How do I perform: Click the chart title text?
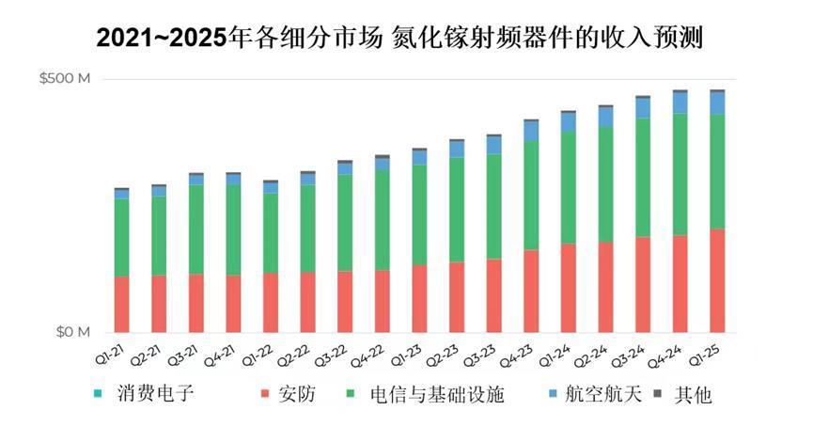[x=399, y=38]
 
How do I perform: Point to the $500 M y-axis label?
[x=65, y=78]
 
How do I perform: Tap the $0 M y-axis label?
[x=73, y=332]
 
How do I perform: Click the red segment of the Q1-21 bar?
[x=122, y=304]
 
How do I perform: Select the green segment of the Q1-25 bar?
[x=717, y=172]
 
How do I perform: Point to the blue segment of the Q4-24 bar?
[x=680, y=103]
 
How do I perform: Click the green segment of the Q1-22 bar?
[x=271, y=233]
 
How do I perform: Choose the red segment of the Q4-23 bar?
[x=531, y=292]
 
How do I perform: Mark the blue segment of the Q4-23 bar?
[x=531, y=132]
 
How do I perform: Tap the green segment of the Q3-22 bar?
[x=345, y=223]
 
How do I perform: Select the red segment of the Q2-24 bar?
[x=605, y=288]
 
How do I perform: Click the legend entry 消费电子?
[x=144, y=393]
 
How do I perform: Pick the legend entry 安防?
[x=289, y=394]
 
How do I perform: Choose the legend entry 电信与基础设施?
[x=425, y=394]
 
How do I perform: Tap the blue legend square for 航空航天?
[x=554, y=393]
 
